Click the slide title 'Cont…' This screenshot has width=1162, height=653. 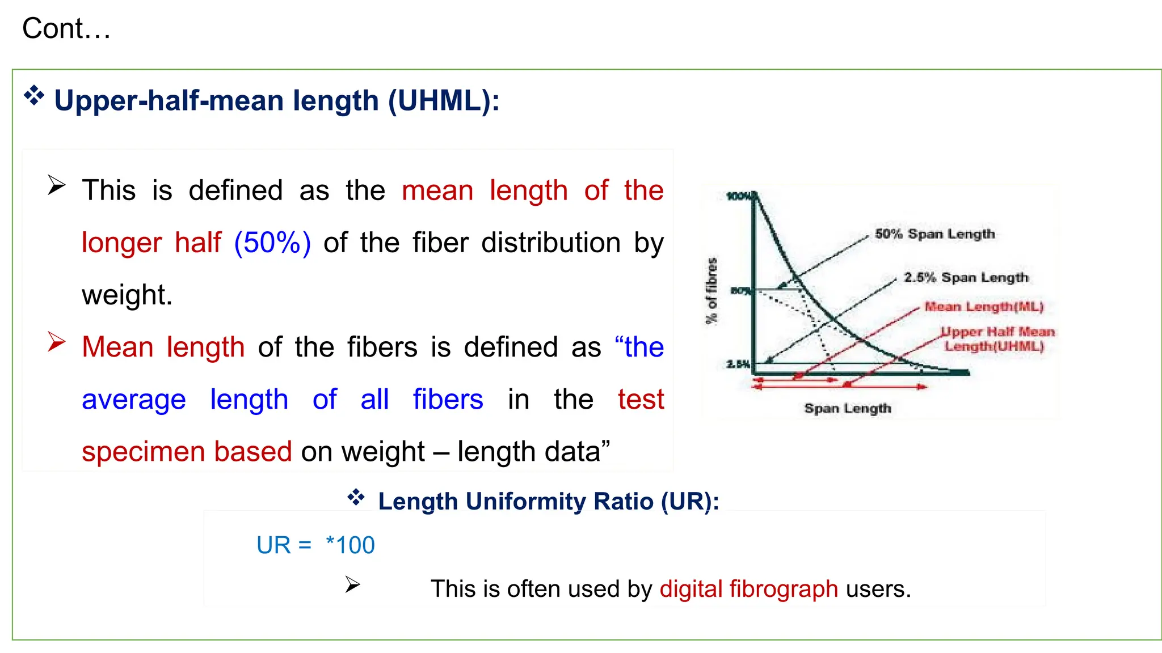tap(66, 29)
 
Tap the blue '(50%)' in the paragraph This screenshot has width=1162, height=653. tap(272, 243)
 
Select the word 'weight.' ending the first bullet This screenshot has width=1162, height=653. tap(127, 295)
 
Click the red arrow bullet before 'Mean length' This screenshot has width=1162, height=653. tap(57, 342)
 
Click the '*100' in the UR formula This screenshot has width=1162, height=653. tap(351, 545)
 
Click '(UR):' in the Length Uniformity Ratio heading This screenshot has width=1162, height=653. tap(690, 502)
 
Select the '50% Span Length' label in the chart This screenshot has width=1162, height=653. tap(934, 234)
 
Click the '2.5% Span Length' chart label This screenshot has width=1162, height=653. tap(966, 277)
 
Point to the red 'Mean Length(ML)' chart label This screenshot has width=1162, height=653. tap(984, 307)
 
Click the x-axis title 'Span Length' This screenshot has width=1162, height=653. tap(848, 408)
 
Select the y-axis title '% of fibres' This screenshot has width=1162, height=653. tap(711, 291)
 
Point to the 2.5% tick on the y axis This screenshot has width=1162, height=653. tap(738, 364)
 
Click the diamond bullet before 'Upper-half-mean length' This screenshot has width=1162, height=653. tap(34, 96)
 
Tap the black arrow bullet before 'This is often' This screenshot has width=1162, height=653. tap(352, 584)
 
